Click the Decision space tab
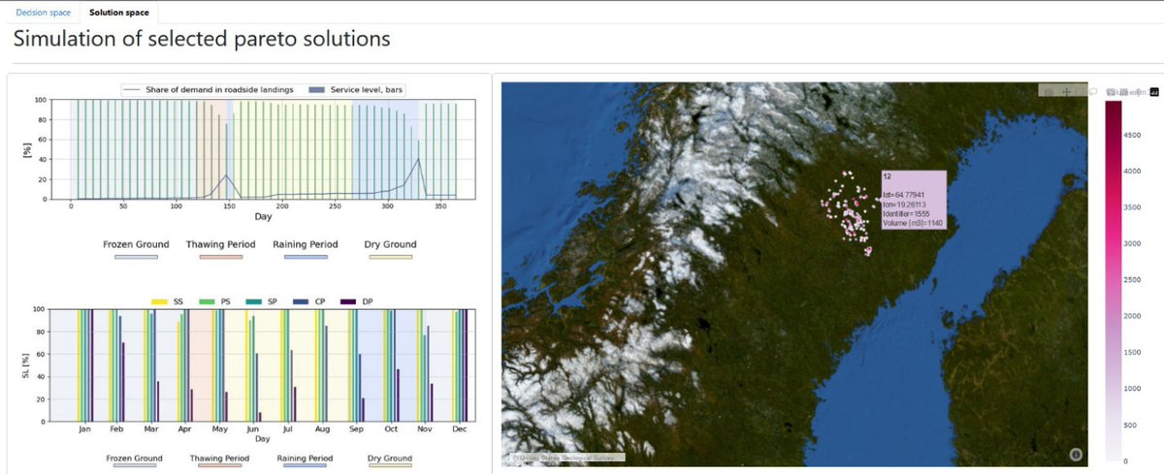(43, 13)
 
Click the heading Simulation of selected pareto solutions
(202, 39)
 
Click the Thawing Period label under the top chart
(220, 244)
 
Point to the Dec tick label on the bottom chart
(459, 427)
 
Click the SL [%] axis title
(25, 365)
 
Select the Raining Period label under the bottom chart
(306, 458)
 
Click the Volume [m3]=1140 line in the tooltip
(913, 224)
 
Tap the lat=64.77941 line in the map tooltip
(903, 196)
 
